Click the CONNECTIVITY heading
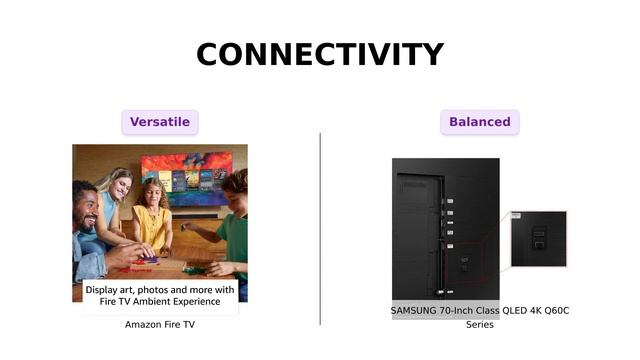(x=320, y=54)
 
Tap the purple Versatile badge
(x=160, y=122)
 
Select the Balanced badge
(x=479, y=122)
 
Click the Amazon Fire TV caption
(x=160, y=324)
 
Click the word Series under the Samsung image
(x=480, y=325)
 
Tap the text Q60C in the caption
(x=553, y=311)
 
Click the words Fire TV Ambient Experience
(x=160, y=301)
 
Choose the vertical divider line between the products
(x=320, y=228)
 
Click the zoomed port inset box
(x=538, y=239)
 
